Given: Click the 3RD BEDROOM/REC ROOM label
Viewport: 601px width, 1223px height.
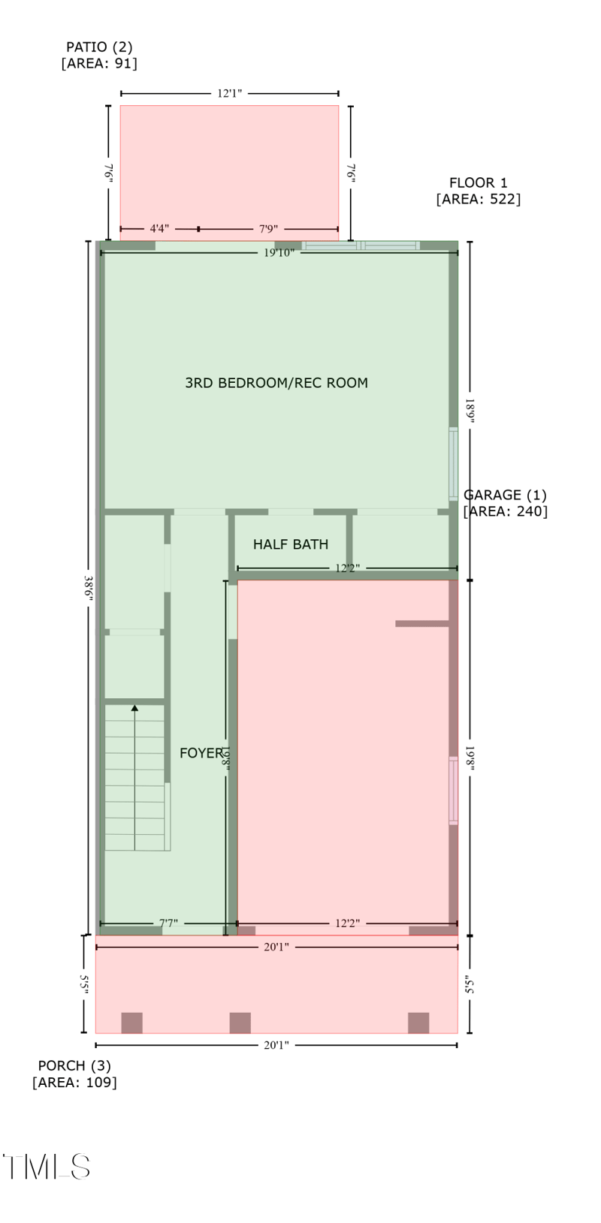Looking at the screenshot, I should point(276,383).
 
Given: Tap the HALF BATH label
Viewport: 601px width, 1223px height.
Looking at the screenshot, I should point(290,544).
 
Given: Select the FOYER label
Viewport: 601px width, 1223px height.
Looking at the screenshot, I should point(201,753).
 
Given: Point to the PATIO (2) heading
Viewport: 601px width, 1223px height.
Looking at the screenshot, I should point(99,47).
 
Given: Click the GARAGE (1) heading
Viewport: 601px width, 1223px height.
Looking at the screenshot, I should point(505,495).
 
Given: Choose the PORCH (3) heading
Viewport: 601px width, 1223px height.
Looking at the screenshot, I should point(74,1065).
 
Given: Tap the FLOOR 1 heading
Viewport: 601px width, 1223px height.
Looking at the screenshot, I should point(479,182).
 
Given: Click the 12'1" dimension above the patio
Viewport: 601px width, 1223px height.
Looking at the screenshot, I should point(229,94).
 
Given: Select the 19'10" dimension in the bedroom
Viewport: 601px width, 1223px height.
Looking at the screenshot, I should point(279,253).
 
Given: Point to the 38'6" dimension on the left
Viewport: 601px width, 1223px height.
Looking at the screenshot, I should point(89,587).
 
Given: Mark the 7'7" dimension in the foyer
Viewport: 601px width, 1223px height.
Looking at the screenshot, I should point(168,923).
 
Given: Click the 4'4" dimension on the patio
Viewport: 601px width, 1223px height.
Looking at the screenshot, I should point(159,228).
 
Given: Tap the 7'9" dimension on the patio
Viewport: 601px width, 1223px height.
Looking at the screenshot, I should point(268,228).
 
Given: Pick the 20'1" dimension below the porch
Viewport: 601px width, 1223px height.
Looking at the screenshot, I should point(276,1045).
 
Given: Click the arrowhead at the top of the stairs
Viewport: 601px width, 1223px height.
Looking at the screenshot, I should point(134,707).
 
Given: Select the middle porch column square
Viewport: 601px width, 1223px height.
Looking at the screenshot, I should point(240,1023).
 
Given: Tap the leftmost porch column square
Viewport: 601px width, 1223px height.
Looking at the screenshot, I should point(131,1023).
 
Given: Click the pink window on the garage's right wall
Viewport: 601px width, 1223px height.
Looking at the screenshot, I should point(453,791).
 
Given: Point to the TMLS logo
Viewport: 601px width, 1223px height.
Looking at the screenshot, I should point(47,1167).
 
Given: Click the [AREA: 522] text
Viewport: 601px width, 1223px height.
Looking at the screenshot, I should point(479,199).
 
